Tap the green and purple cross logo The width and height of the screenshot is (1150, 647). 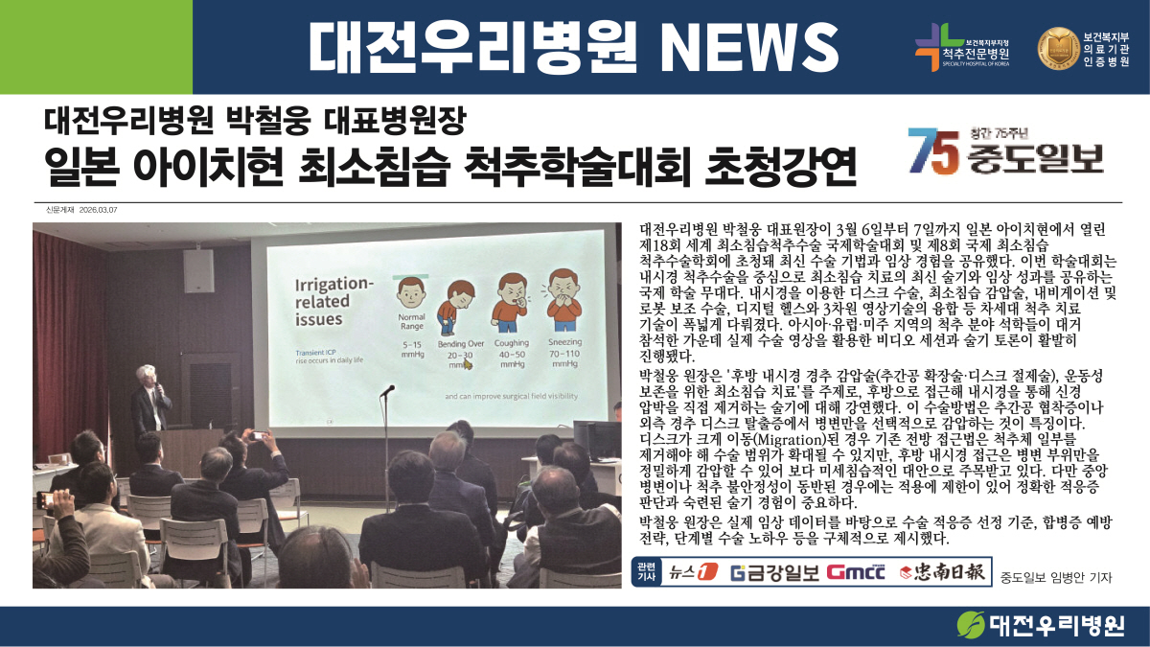pos(931,47)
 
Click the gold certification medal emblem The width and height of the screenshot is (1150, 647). pos(1058,48)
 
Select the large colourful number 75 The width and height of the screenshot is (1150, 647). pos(933,150)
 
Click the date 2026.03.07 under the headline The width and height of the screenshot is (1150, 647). pos(98,210)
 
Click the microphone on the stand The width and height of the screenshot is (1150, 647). pos(387,391)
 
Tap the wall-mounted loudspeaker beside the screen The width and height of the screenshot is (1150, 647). pos(198,270)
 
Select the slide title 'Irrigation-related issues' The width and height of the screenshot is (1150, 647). pos(333,301)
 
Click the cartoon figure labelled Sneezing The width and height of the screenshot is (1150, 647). pos(564,300)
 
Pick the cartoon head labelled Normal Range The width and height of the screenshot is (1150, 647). pos(411,292)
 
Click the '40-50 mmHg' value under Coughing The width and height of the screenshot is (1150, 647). pos(513,358)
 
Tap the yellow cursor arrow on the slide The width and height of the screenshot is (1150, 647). pos(468,364)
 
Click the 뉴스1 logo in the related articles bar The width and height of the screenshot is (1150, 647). pos(693,571)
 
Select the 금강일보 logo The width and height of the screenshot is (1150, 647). pos(774,572)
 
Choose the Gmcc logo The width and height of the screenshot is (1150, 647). pos(856,571)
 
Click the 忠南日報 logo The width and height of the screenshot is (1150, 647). pos(942,571)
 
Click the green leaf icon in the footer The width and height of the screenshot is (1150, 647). pos(970,624)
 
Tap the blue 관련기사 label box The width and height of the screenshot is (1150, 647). pos(646,571)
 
